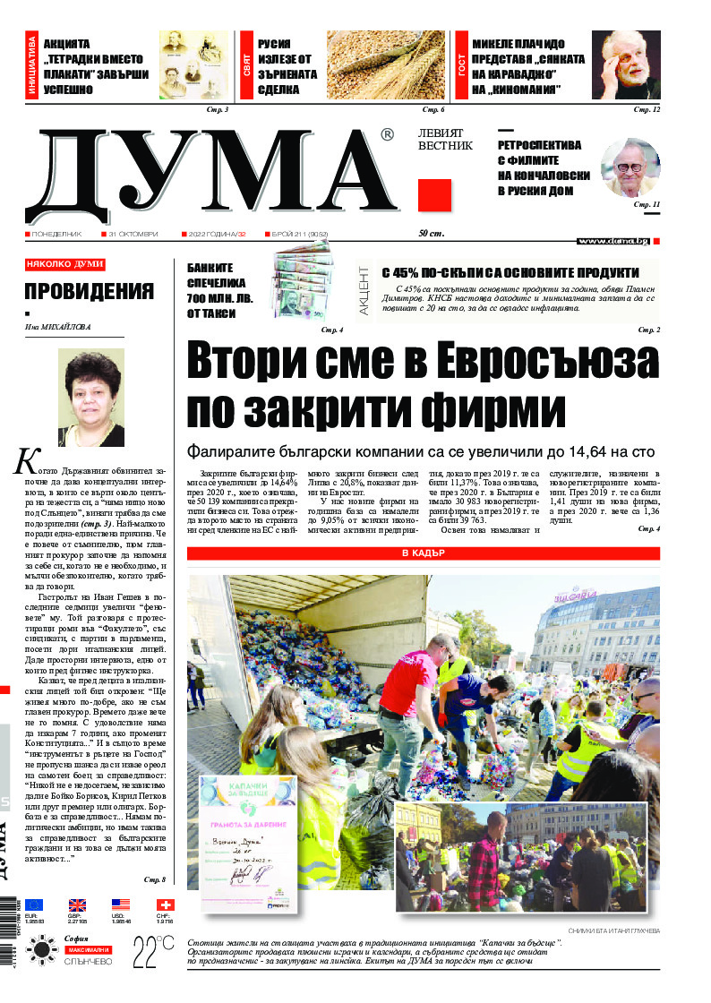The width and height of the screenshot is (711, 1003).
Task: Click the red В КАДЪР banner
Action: (423, 553)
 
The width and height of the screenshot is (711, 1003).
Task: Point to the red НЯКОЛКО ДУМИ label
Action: (64, 264)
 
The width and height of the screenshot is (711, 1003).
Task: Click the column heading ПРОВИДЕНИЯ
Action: (89, 291)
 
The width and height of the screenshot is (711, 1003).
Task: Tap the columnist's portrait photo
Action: (90, 398)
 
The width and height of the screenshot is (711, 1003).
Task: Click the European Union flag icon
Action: (33, 904)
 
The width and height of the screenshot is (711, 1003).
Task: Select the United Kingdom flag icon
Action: (77, 904)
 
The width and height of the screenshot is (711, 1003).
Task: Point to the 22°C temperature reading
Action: (153, 950)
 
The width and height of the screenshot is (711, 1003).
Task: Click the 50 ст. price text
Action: (432, 234)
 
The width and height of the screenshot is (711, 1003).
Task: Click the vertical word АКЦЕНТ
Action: (364, 288)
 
